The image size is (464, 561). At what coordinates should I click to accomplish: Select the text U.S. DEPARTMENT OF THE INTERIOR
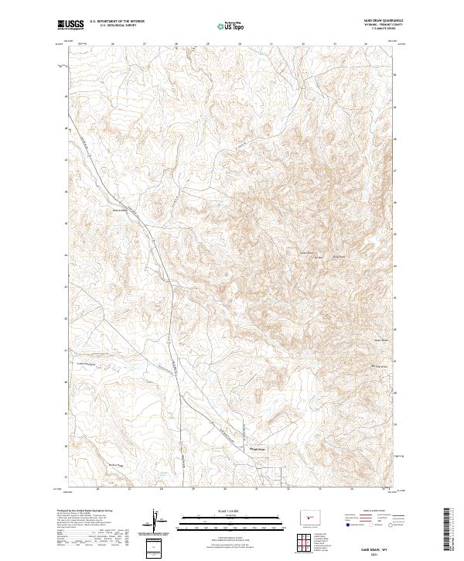click(117, 22)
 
